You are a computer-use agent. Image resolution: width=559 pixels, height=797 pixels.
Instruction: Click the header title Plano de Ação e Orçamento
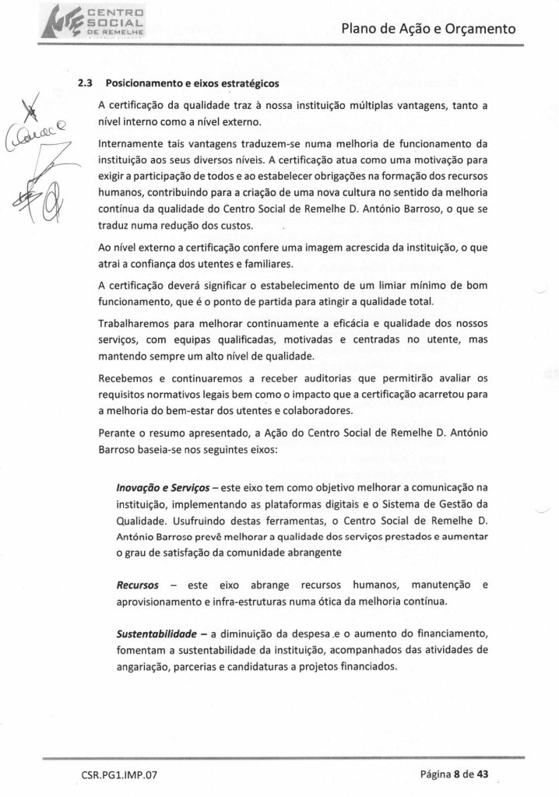tap(429, 30)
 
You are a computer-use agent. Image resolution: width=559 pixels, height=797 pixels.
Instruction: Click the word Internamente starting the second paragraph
tap(133, 144)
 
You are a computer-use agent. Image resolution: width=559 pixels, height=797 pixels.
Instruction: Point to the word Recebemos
tap(126, 378)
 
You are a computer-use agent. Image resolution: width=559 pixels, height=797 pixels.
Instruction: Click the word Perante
tap(118, 433)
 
